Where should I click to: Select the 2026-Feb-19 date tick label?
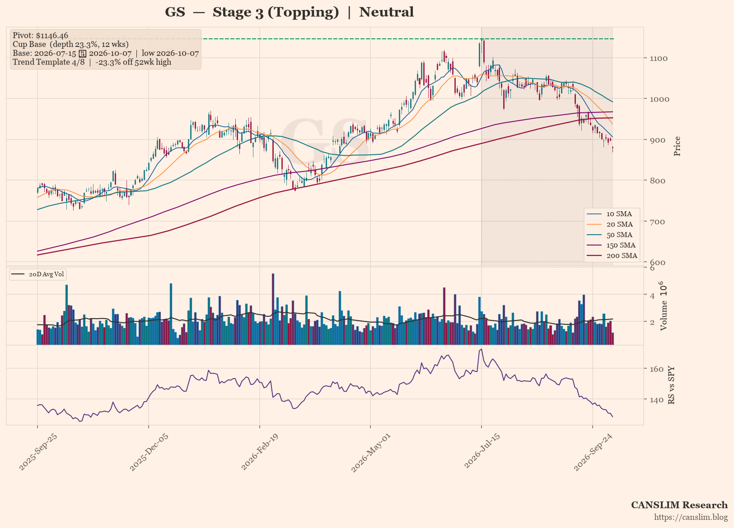click(259, 452)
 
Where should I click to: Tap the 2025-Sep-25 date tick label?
click(37, 452)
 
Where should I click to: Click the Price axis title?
click(677, 146)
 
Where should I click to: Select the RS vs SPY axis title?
click(671, 385)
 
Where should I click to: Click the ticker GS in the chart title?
click(175, 12)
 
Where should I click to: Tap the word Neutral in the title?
click(386, 12)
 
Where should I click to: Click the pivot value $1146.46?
click(52, 35)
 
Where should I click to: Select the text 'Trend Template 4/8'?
click(48, 62)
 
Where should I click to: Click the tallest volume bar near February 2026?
click(273, 309)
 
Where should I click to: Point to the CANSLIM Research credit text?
click(679, 505)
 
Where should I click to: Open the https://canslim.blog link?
click(691, 517)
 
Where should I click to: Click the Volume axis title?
click(664, 306)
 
